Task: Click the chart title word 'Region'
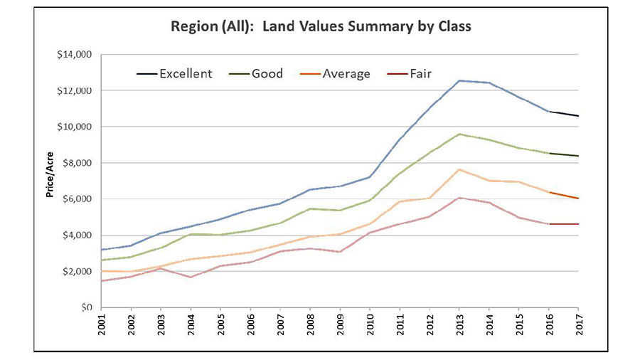[191, 27]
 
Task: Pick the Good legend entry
[257, 73]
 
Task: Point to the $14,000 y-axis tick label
[74, 54]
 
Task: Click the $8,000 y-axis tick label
[77, 163]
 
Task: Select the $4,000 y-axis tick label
[77, 235]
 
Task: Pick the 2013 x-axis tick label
[460, 327]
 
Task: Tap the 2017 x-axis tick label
[578, 327]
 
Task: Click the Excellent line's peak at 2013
[460, 80]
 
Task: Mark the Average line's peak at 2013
[460, 169]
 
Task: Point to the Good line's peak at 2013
[460, 134]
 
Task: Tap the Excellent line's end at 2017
[578, 116]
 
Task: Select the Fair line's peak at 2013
[460, 198]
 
